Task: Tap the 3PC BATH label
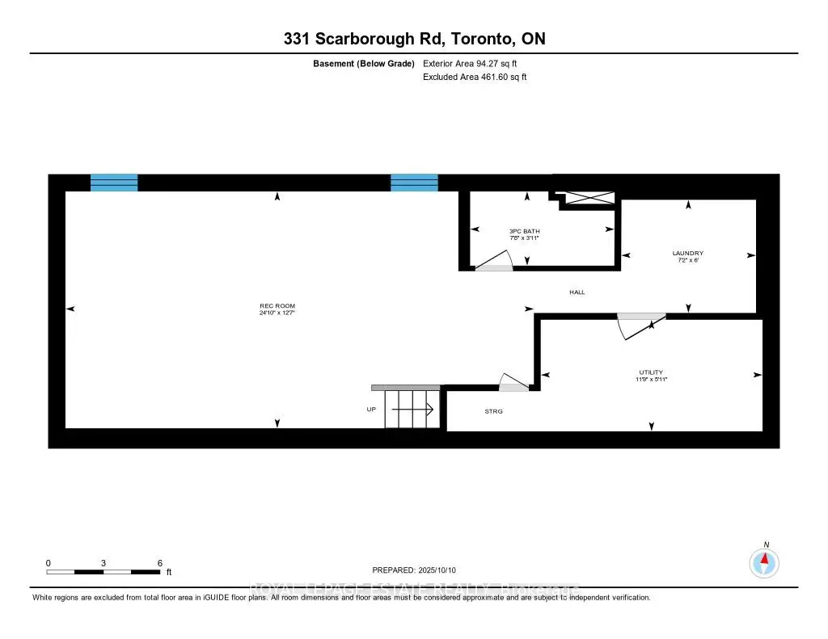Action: click(x=524, y=231)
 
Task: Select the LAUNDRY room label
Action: click(x=687, y=253)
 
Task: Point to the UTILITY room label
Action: click(x=651, y=372)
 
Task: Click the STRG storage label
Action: click(x=493, y=411)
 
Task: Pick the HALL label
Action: click(x=577, y=292)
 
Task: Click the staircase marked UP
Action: click(x=411, y=410)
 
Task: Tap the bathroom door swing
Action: click(x=494, y=261)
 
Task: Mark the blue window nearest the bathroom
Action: click(x=414, y=183)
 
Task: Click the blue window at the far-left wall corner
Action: click(x=113, y=183)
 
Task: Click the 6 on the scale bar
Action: click(x=160, y=562)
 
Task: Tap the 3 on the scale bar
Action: click(x=103, y=562)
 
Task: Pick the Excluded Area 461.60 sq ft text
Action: click(x=475, y=78)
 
